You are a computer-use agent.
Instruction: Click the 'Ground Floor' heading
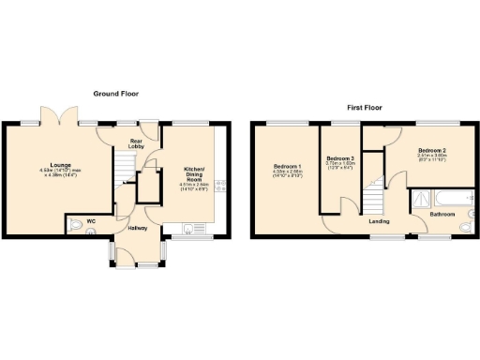[x=116, y=94]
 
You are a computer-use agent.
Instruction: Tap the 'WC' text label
[x=91, y=221]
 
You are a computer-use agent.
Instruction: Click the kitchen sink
[x=194, y=226]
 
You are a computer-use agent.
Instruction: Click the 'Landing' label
[x=379, y=221]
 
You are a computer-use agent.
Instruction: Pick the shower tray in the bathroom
[x=421, y=200]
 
